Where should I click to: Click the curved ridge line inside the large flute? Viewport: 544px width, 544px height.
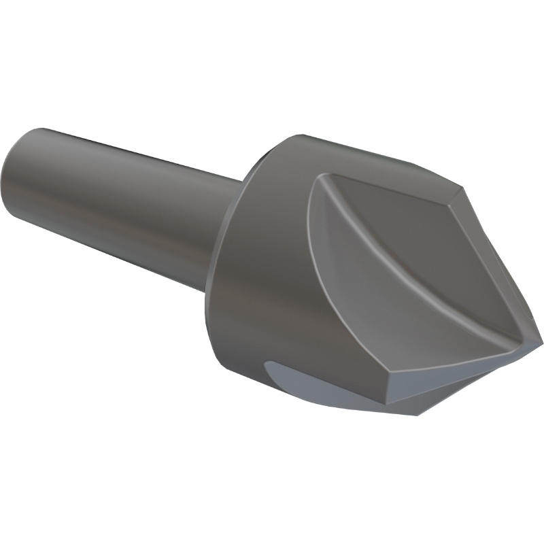click(401, 272)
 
